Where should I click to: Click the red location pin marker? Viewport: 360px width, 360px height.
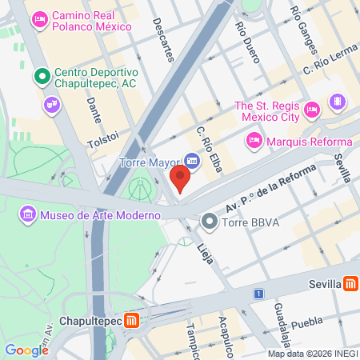click(181, 179)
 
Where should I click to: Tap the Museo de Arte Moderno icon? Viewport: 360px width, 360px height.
click(28, 214)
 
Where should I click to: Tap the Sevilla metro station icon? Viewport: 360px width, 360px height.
click(350, 284)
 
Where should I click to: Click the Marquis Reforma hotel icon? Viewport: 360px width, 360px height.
click(254, 142)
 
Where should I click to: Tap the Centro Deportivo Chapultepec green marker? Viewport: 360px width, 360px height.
click(42, 78)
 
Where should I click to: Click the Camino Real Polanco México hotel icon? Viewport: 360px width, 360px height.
click(38, 17)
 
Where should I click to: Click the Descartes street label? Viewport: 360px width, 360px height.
click(162, 39)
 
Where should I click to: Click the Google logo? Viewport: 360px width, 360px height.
click(26, 350)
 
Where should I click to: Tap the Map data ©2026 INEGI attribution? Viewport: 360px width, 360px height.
click(312, 354)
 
